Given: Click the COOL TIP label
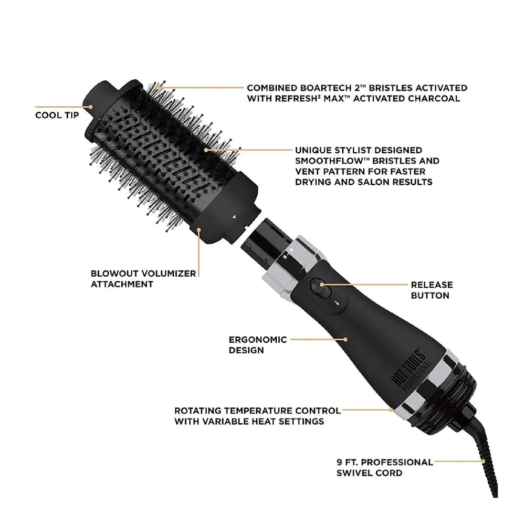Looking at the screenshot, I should (x=57, y=114).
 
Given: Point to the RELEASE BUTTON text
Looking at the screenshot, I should (x=432, y=290).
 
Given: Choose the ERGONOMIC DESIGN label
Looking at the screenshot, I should (x=250, y=344).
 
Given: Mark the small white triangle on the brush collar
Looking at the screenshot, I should (x=234, y=216).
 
